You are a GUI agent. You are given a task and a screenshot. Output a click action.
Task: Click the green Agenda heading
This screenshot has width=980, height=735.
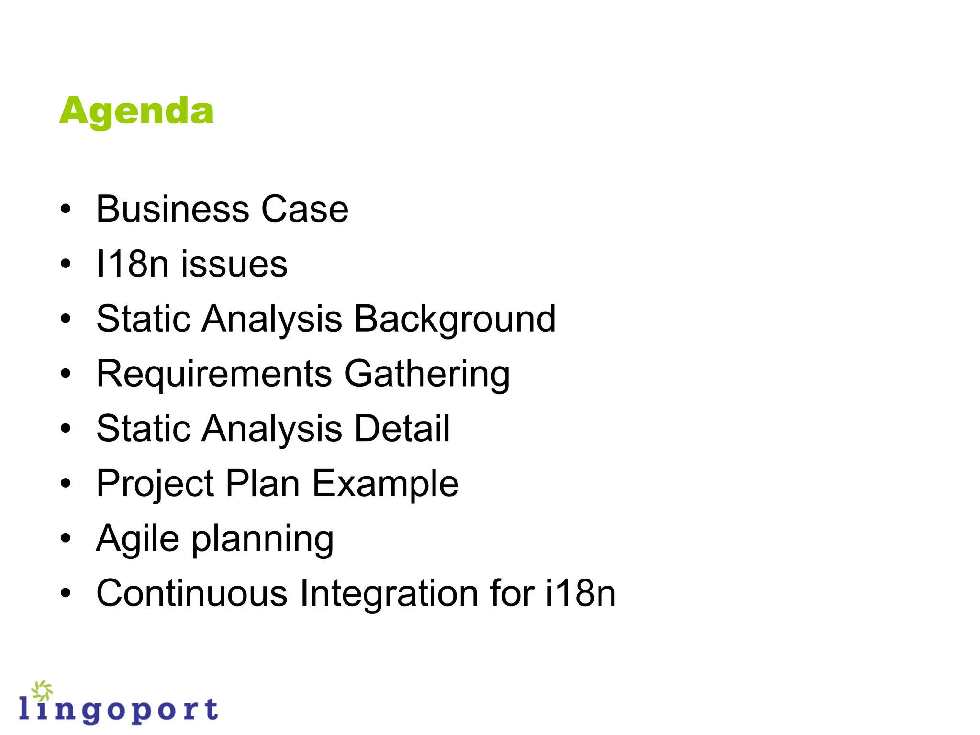click(136, 111)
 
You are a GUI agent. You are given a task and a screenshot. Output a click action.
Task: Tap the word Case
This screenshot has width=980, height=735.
click(305, 209)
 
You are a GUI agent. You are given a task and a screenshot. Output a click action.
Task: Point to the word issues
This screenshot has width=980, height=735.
click(234, 264)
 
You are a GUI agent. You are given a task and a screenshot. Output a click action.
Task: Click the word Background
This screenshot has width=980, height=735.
click(455, 319)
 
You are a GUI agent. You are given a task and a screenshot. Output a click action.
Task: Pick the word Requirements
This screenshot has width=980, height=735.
click(214, 374)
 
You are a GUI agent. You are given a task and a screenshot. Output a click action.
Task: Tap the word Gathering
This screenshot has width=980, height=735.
click(427, 374)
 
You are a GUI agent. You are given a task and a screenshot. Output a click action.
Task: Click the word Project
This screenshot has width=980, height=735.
click(155, 484)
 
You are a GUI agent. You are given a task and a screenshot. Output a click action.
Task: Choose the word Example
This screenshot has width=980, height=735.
click(385, 483)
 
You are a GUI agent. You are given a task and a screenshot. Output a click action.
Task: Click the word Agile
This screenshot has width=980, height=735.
click(138, 539)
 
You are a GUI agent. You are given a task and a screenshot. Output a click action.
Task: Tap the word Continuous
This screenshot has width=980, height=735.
click(192, 593)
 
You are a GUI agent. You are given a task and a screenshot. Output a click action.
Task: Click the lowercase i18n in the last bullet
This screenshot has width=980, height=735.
click(580, 593)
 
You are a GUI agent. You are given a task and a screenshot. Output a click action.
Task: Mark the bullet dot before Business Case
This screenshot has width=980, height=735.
click(66, 210)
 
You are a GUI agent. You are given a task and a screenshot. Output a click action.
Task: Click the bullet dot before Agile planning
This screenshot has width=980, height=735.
click(66, 539)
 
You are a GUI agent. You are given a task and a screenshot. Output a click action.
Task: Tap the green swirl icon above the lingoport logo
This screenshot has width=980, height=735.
click(42, 690)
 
